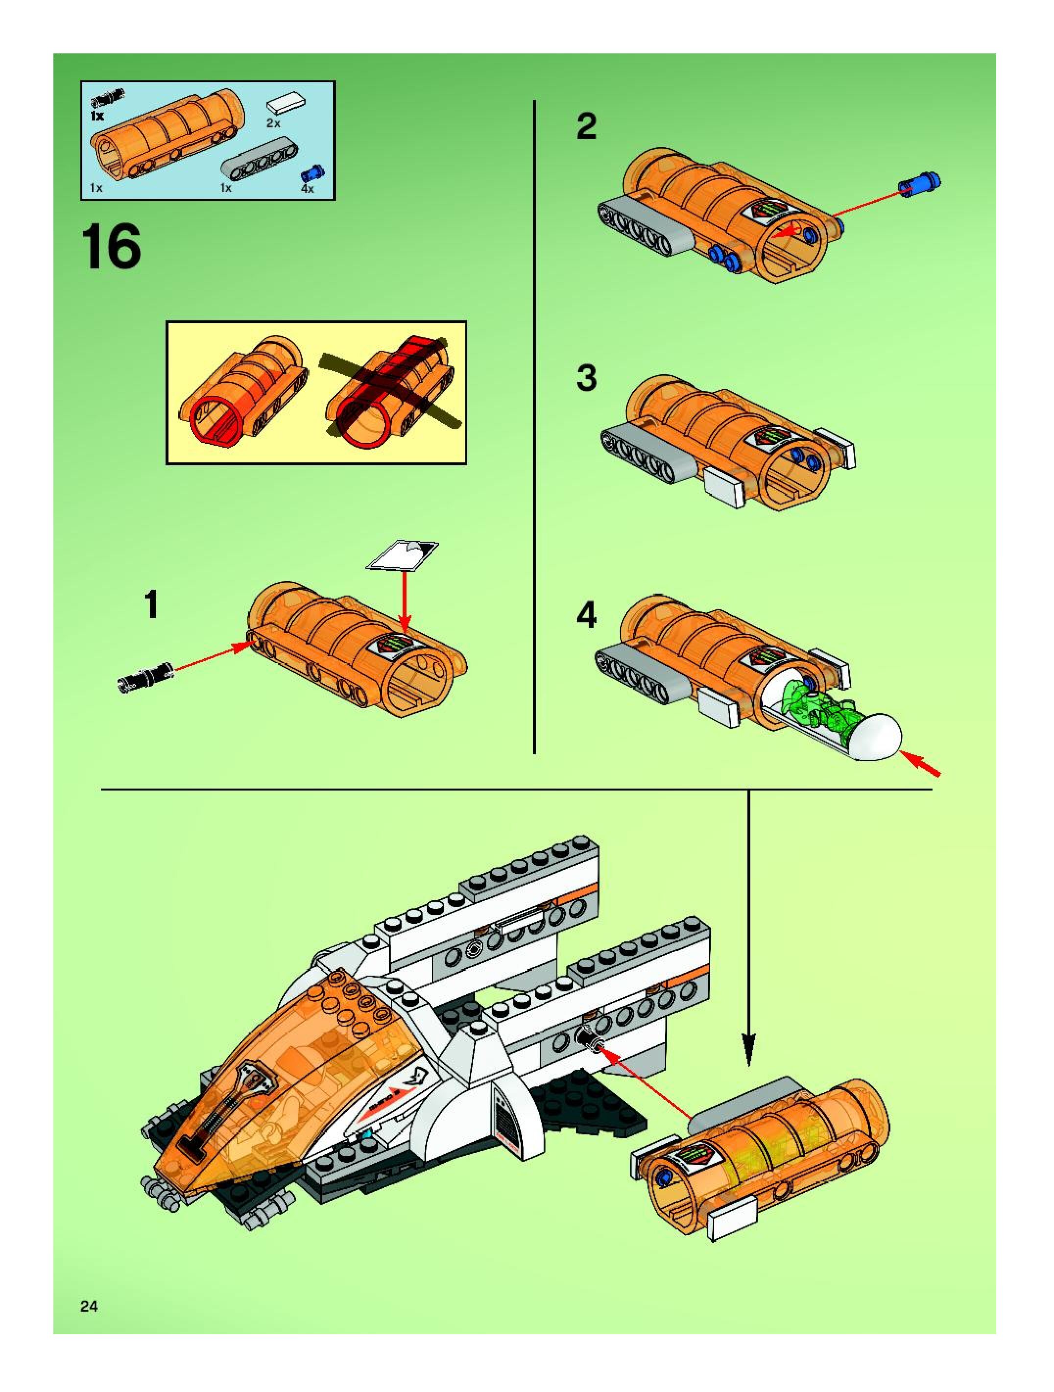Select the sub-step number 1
point(151,605)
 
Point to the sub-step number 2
point(586,127)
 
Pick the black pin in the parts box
point(108,97)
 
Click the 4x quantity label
point(307,189)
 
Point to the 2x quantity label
point(273,123)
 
